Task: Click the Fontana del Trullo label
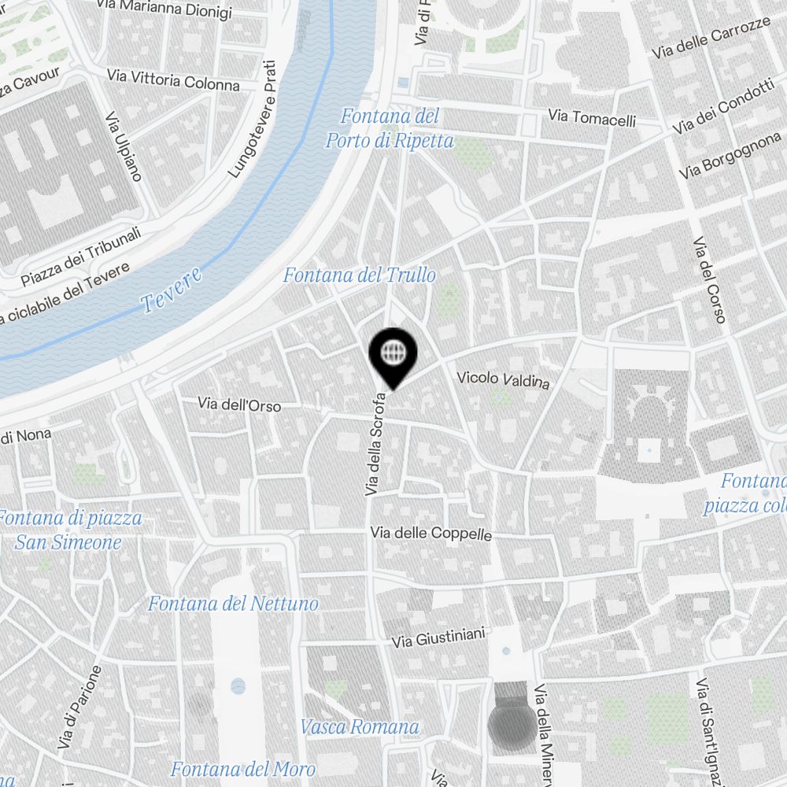point(359,275)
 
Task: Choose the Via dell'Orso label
point(239,405)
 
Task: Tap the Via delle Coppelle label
point(431,534)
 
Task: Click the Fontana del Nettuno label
point(233,604)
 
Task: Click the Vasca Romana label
point(360,726)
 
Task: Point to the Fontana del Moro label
point(243,769)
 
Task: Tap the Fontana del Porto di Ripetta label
point(390,129)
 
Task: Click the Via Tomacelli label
point(593,118)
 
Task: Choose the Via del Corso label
point(708,280)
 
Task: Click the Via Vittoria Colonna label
point(173,80)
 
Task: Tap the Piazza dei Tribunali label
point(81,257)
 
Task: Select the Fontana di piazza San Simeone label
point(69,530)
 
